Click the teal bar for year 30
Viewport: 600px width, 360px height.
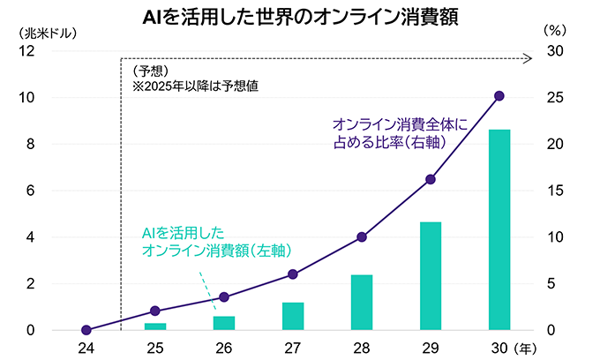(x=499, y=230)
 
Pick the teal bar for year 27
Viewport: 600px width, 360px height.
(x=293, y=316)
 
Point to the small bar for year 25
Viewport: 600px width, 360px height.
(x=155, y=326)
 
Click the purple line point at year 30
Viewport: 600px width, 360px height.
(x=499, y=95)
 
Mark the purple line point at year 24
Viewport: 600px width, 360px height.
(x=86, y=330)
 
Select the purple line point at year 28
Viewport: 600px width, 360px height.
(x=362, y=236)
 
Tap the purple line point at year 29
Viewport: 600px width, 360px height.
(x=431, y=179)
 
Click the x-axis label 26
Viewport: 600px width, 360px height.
(x=224, y=348)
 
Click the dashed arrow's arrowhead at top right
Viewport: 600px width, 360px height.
(x=528, y=59)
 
